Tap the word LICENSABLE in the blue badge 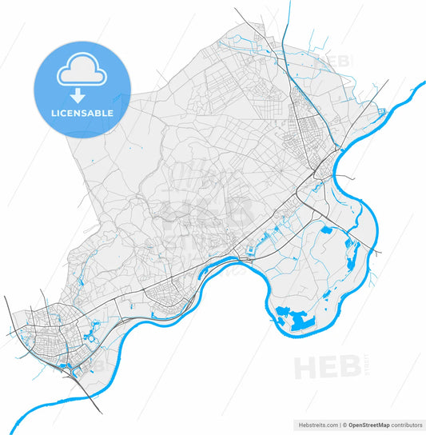click(x=82, y=113)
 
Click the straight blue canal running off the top click(x=288, y=24)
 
